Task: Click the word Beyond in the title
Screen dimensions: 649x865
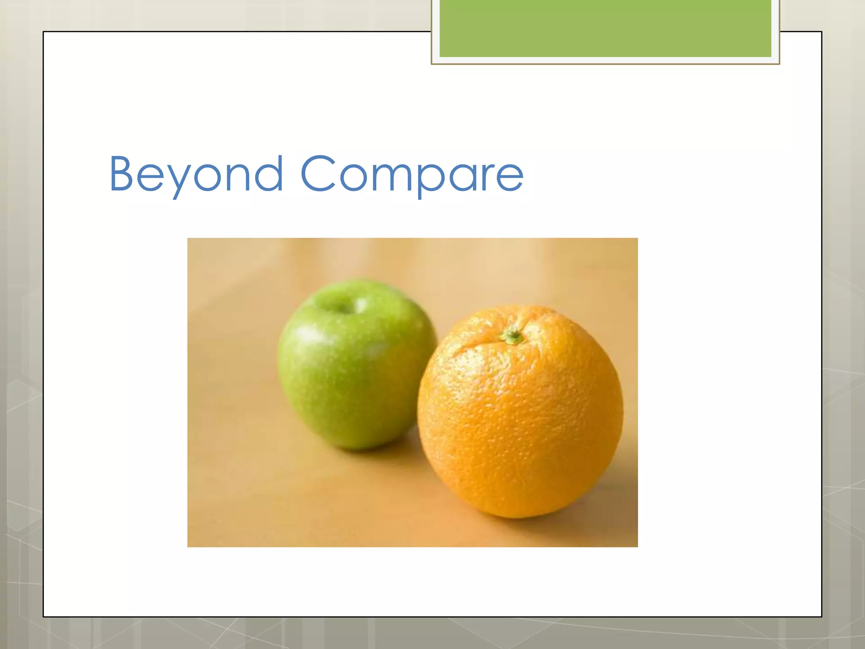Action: click(x=196, y=174)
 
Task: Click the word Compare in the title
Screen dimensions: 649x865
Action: click(x=412, y=174)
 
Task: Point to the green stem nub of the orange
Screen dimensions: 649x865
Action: click(x=512, y=336)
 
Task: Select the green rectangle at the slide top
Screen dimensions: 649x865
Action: click(x=605, y=28)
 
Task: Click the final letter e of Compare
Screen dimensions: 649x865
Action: click(x=510, y=177)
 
